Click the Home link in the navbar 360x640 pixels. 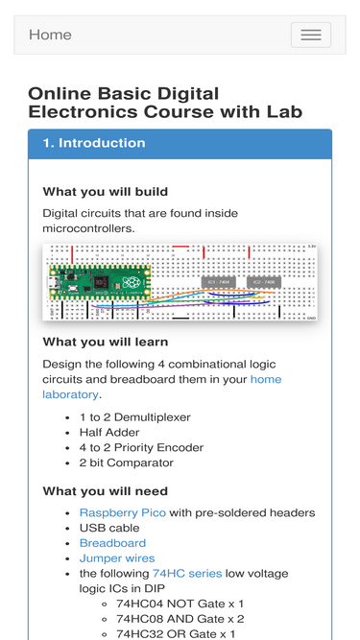point(50,35)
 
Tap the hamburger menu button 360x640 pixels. point(311,35)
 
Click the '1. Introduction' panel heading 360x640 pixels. point(94,143)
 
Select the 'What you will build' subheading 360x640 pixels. point(106,192)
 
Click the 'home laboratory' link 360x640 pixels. point(162,387)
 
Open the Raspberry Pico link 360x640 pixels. point(123,512)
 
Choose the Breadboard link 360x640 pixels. point(112,543)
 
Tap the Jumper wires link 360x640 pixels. point(117,558)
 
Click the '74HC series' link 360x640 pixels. point(187,574)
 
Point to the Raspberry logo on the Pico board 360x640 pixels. point(132,282)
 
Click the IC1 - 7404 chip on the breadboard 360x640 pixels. point(219,282)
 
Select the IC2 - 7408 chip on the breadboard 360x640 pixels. point(264,282)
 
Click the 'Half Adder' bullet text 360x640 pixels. point(109,432)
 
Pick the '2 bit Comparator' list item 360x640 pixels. point(127,462)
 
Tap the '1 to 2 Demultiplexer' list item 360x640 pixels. point(135,417)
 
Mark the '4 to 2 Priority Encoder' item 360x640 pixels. point(141,448)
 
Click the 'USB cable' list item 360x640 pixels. point(109,528)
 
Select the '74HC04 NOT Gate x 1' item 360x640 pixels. point(180,604)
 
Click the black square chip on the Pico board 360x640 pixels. point(101,282)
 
